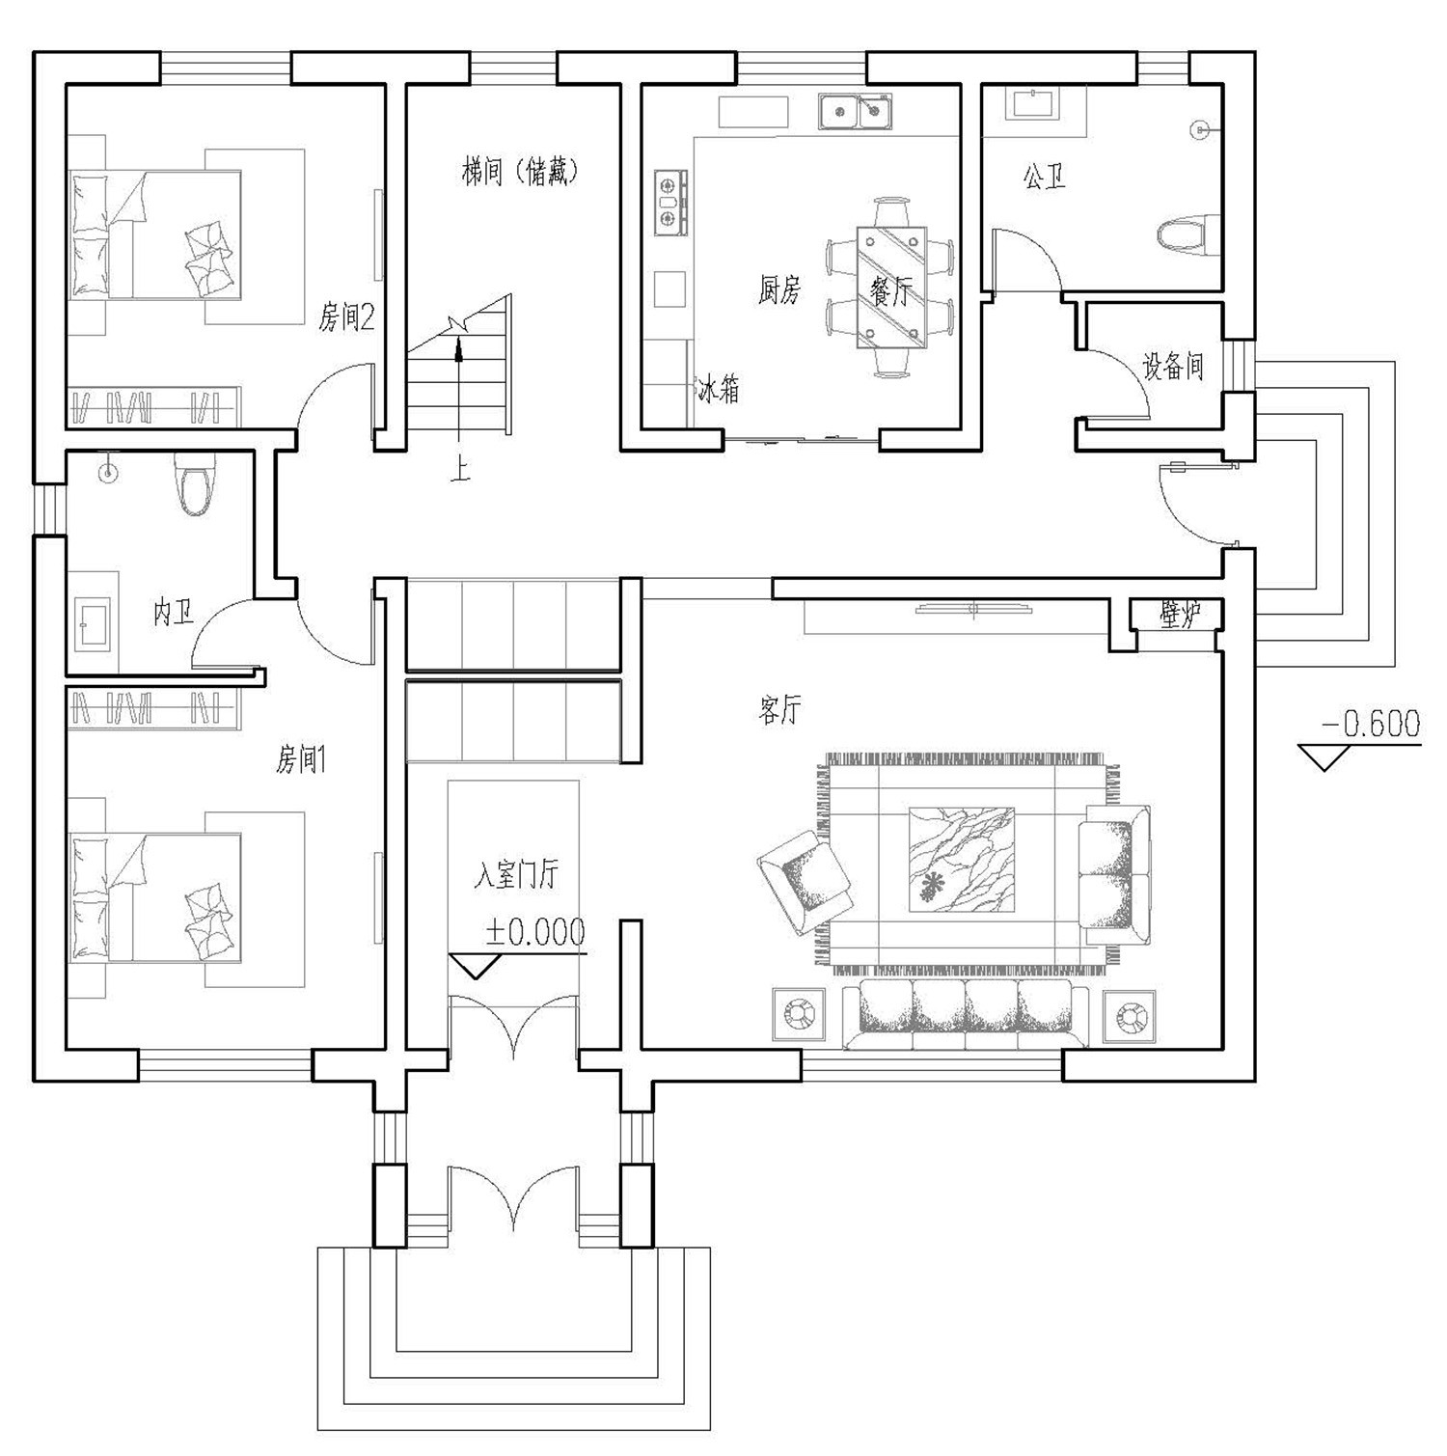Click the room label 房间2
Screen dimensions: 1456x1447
346,316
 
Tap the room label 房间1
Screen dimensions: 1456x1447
301,760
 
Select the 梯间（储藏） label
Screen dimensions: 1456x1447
519,173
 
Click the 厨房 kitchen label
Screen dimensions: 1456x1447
778,289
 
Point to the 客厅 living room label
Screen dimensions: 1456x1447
778,712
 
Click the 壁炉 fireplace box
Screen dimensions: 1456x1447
1177,614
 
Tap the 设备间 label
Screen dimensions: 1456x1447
1173,367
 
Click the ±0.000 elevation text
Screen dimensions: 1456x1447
535,932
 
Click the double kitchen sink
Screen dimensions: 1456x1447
855,112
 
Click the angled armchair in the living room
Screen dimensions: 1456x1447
805,881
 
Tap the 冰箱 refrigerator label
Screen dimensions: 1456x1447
719,391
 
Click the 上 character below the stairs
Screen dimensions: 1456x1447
461,470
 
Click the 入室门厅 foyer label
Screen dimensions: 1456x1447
516,875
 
